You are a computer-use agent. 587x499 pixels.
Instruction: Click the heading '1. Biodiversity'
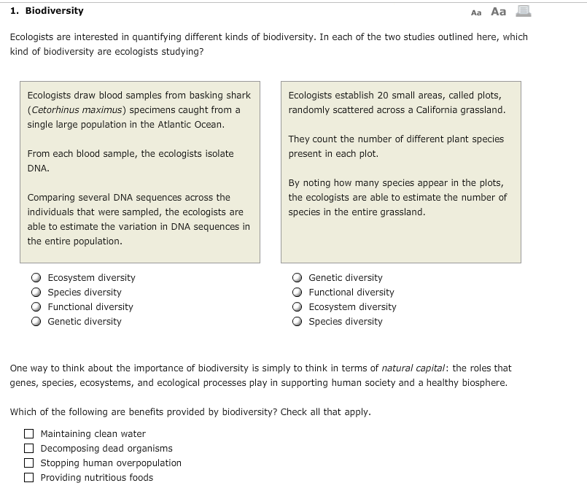point(47,11)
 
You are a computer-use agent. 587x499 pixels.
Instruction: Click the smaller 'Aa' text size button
point(476,12)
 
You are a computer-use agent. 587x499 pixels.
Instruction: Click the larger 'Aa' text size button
point(499,12)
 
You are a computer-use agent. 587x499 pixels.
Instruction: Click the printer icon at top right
point(523,11)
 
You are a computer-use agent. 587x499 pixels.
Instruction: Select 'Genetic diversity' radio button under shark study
point(36,322)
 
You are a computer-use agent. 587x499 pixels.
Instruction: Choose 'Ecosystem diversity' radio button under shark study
point(36,278)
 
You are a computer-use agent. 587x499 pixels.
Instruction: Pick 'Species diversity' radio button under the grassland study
point(297,322)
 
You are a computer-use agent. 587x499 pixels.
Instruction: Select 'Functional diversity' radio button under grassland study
point(297,293)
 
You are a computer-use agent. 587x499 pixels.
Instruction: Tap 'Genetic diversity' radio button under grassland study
point(297,278)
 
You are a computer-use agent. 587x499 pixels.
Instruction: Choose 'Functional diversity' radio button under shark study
point(36,307)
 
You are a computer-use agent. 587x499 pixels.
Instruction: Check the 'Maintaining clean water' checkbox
point(29,434)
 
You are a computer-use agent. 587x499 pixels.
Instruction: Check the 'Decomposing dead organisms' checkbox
point(29,449)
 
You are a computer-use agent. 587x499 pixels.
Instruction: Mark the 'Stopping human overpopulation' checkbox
point(29,463)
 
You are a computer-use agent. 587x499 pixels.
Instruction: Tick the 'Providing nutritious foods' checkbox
point(29,478)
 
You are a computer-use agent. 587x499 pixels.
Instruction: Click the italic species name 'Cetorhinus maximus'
point(76,110)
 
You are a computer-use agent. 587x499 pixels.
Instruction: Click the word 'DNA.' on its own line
point(38,169)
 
